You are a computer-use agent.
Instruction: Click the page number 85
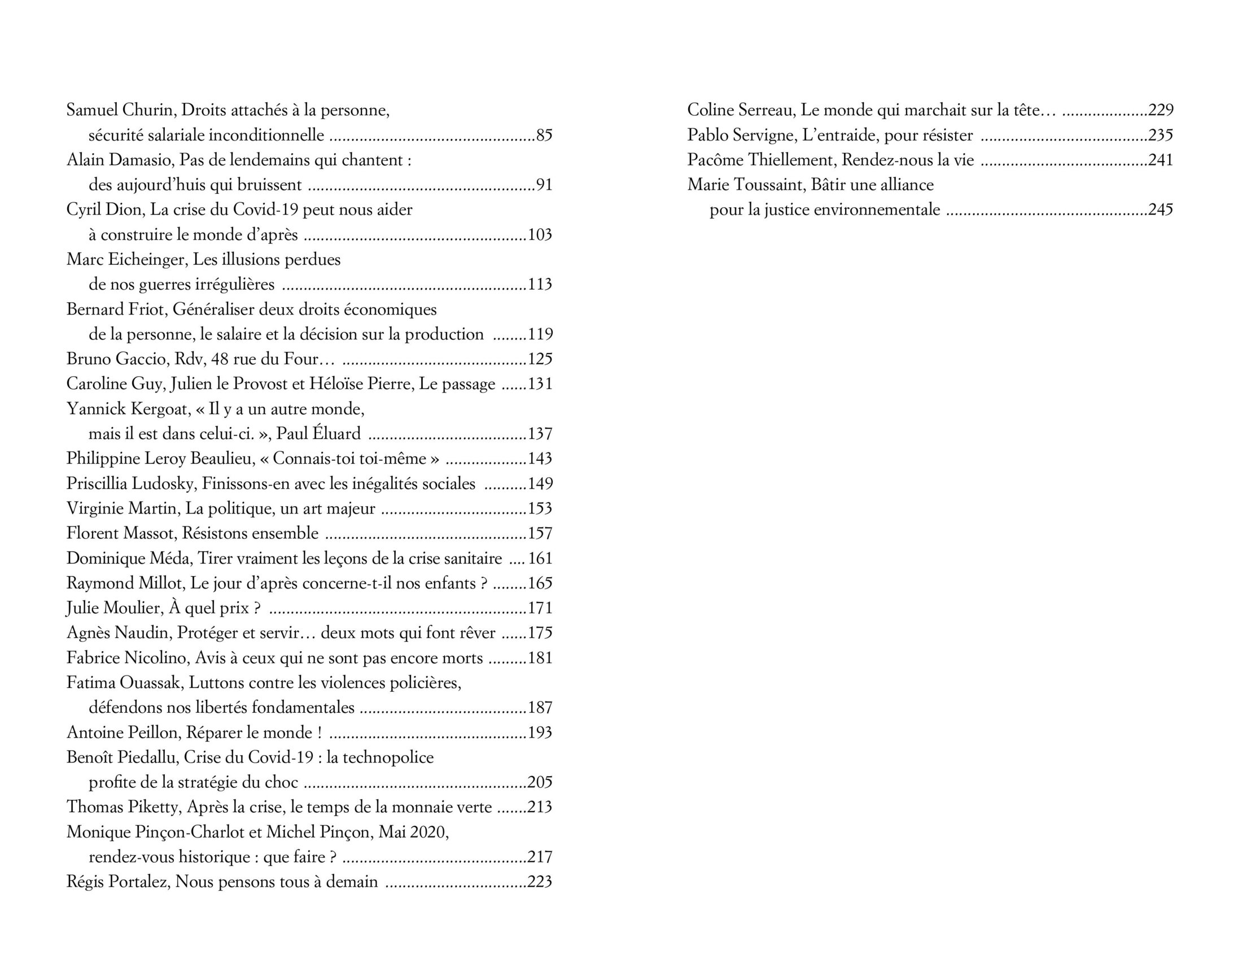tap(544, 136)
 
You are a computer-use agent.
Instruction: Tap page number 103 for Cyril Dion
tap(540, 236)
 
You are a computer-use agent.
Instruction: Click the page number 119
tap(540, 335)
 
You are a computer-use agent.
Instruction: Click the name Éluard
tap(339, 434)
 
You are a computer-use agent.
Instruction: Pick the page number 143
tap(540, 459)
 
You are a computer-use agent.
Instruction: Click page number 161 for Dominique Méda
tap(540, 559)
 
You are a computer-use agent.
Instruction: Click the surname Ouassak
tap(150, 683)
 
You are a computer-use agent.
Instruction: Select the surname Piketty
tap(151, 808)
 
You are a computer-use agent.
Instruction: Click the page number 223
tap(540, 882)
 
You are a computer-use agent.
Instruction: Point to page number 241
tap(1160, 160)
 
